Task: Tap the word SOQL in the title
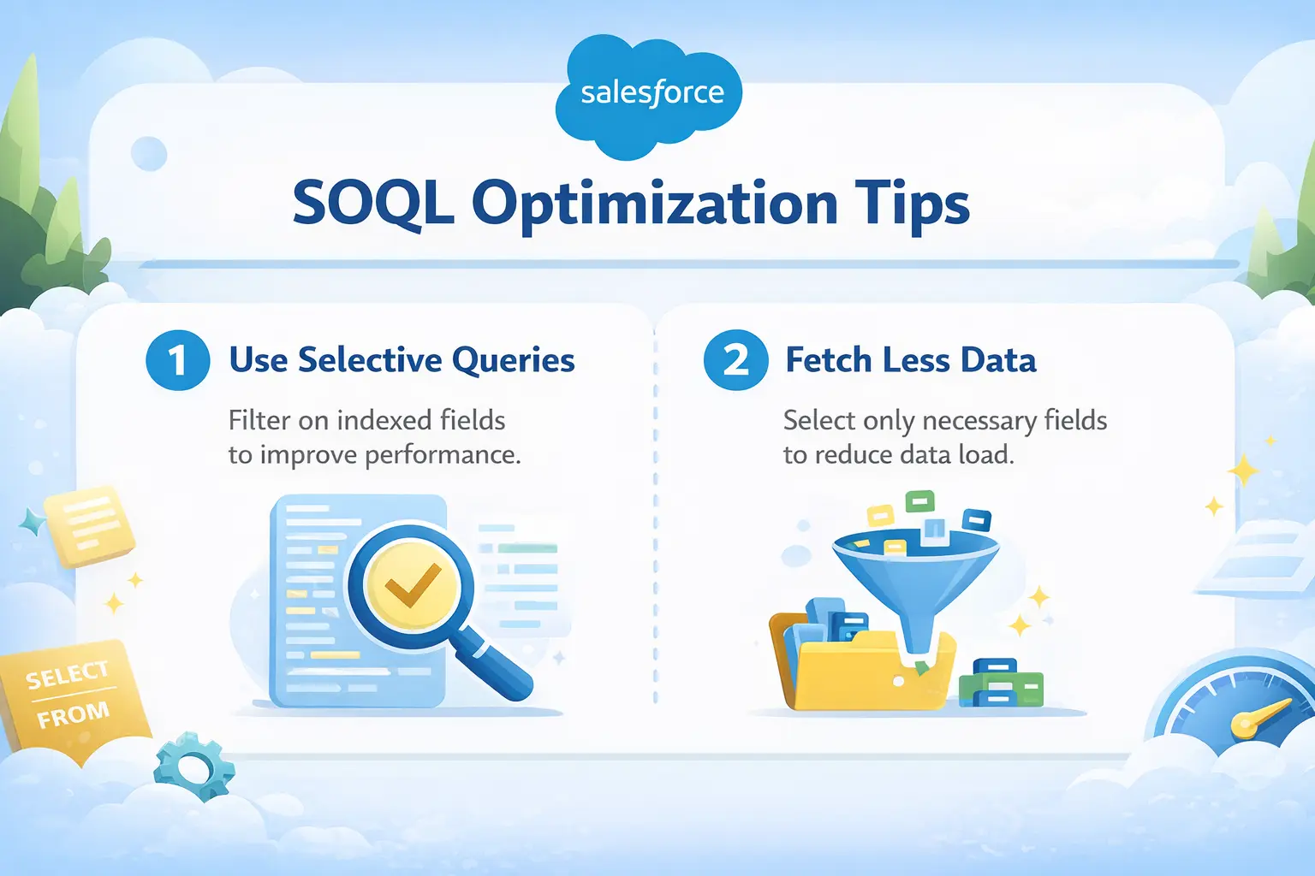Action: point(372,204)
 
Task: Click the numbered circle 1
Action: point(178,360)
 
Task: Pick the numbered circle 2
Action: point(735,360)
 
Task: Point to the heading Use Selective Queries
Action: point(402,360)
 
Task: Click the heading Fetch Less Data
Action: point(911,360)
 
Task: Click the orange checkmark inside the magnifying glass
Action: point(412,586)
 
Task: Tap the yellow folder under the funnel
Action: point(865,676)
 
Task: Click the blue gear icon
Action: point(194,766)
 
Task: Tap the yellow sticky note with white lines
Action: point(89,524)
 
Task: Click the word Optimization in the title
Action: point(654,204)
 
